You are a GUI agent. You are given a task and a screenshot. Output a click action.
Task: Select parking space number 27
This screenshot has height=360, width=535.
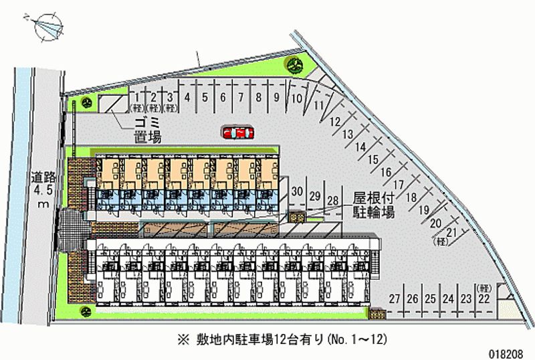[x=395, y=299]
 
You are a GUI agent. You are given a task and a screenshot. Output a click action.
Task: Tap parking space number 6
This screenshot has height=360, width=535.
[x=223, y=97]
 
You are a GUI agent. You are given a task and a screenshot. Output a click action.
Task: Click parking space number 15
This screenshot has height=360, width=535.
[x=372, y=159]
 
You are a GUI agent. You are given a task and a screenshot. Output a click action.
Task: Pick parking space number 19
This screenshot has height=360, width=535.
[x=423, y=209]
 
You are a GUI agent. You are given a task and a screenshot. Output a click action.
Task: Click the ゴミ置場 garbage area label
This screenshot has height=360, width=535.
[x=147, y=129]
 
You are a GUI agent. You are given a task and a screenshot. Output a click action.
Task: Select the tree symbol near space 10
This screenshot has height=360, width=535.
[x=295, y=64]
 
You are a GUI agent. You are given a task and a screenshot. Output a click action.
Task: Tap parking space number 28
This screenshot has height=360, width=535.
[x=332, y=200]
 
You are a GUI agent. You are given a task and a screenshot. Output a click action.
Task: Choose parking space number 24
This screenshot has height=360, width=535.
[x=448, y=299]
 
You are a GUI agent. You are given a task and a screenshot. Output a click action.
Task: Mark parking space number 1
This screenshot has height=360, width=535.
[x=137, y=97]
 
